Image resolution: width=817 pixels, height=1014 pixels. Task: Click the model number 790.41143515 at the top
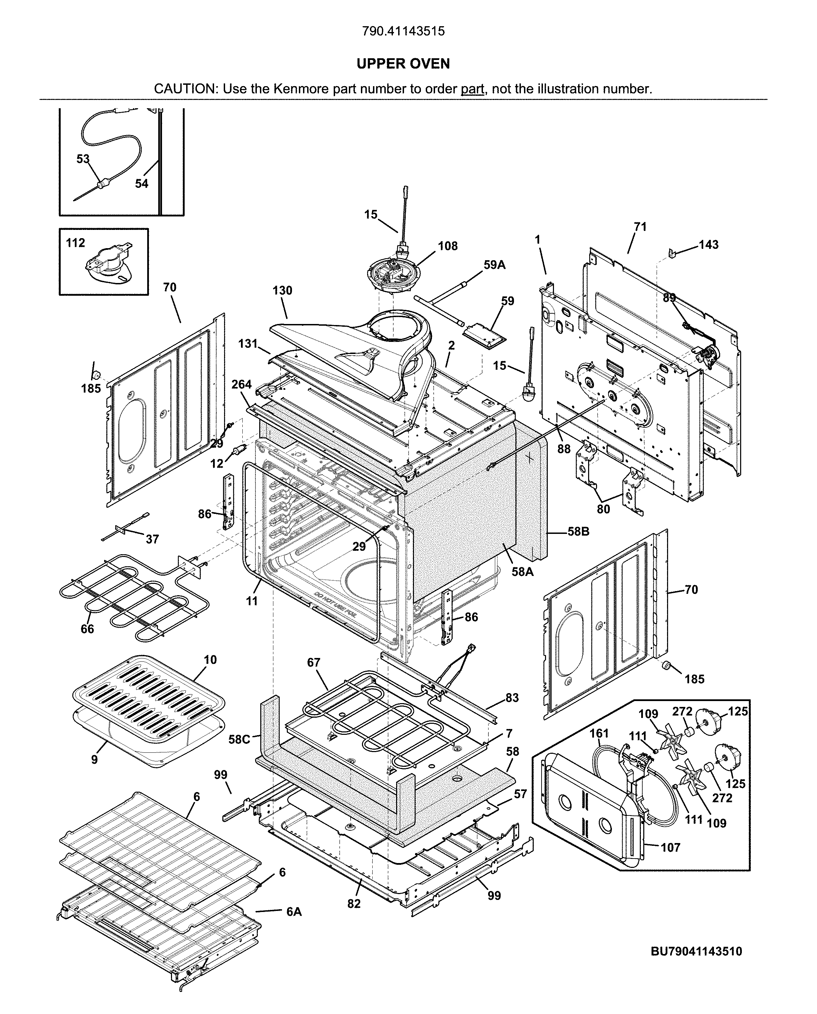(403, 31)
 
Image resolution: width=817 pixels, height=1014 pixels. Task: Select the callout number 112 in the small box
(75, 243)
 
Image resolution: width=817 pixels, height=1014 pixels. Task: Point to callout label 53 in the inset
(83, 159)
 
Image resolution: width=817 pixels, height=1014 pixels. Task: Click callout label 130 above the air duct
(282, 290)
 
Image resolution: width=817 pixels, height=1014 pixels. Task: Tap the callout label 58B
(578, 532)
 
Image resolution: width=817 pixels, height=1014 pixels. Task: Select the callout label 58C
(239, 739)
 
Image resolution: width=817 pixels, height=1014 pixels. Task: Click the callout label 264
(241, 384)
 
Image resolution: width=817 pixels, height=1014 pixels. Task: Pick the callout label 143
(708, 244)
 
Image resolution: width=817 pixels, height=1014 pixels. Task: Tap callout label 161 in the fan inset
(599, 733)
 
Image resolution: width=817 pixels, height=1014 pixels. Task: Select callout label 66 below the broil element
(87, 629)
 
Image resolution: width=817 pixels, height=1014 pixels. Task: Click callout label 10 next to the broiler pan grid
(210, 660)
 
